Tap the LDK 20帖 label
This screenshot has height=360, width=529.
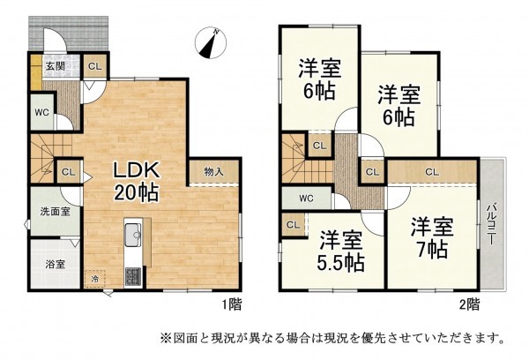(x=135, y=180)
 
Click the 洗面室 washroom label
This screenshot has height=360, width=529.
(x=47, y=212)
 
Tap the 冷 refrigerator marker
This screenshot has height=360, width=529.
(x=94, y=279)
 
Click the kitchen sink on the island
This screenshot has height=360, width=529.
(x=134, y=235)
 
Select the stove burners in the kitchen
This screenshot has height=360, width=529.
(x=134, y=275)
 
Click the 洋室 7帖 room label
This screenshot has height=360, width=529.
(x=432, y=236)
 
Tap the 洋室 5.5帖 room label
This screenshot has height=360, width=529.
(x=340, y=250)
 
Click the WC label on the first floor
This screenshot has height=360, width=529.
(x=41, y=112)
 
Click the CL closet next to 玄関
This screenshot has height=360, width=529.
(x=94, y=64)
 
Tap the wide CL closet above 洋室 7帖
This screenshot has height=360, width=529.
(x=434, y=172)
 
